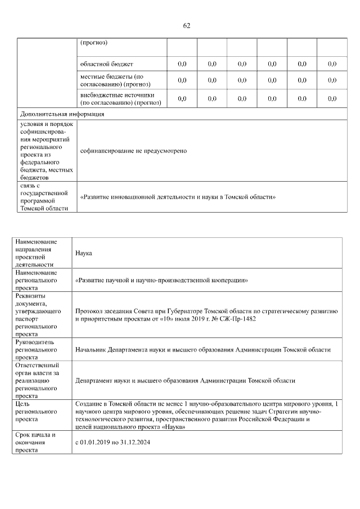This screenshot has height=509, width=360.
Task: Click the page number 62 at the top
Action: point(187,25)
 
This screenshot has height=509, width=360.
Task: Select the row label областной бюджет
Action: point(107,64)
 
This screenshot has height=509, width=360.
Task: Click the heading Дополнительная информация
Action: point(62,114)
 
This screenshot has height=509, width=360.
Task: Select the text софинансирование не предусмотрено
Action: point(133,151)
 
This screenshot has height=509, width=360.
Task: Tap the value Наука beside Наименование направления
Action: point(84,253)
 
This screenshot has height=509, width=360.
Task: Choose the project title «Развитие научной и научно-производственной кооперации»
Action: point(162,280)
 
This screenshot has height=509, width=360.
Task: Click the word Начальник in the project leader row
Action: point(91,349)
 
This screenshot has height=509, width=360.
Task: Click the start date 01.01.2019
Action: point(96,443)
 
